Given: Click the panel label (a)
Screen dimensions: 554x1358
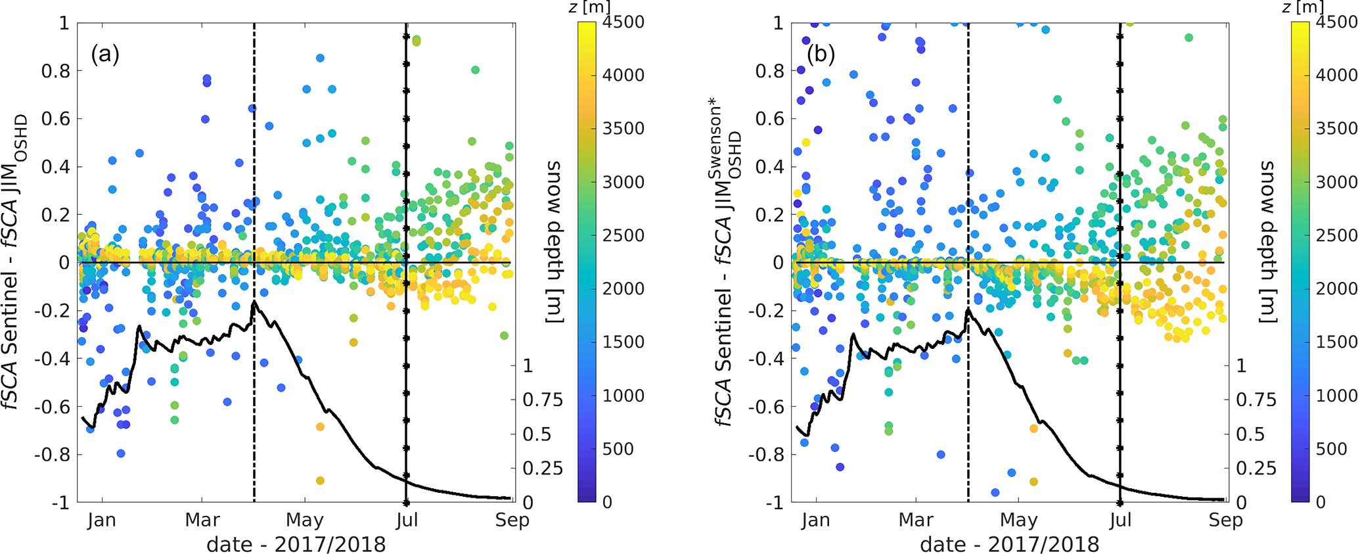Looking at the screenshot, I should click(x=105, y=54).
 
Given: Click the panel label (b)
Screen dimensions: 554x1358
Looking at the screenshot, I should click(x=821, y=54).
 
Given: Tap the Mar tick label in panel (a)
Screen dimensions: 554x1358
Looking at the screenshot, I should click(x=202, y=520).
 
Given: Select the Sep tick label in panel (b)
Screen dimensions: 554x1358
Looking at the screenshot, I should click(x=1226, y=520).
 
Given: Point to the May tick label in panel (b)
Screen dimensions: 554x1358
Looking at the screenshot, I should click(x=1018, y=520).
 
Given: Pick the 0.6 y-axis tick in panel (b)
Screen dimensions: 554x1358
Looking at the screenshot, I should click(x=769, y=119).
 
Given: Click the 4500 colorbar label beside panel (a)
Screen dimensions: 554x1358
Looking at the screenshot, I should click(x=623, y=22).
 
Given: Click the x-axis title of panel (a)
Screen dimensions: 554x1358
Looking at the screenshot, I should click(x=296, y=545).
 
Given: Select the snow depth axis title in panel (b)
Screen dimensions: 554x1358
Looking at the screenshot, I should click(x=1267, y=241).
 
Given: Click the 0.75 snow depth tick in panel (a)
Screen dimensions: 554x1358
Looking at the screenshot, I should click(x=543, y=400).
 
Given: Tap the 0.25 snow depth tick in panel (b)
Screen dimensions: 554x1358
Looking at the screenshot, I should click(x=1256, y=469).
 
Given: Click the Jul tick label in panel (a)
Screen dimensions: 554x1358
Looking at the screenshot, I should click(x=407, y=520).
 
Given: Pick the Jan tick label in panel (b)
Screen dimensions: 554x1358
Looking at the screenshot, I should click(x=815, y=520).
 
